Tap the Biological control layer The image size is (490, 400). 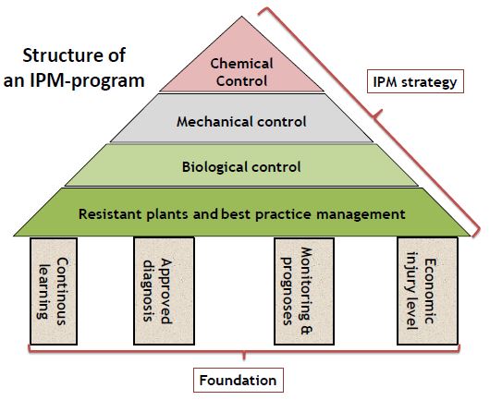pos(241,165)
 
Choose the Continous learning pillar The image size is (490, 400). pos(54,291)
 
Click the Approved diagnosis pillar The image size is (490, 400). pos(164,291)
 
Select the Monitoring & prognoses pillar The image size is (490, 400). pos(304,291)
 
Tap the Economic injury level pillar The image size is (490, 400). pos(427,291)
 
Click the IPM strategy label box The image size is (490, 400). pos(415,81)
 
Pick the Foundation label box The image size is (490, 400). pos(239,380)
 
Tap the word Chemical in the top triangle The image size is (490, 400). pos(241,64)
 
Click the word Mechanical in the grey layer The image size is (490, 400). pos(214,121)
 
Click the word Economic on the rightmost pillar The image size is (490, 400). pos(429,291)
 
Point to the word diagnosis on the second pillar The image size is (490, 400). pos(150,291)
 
